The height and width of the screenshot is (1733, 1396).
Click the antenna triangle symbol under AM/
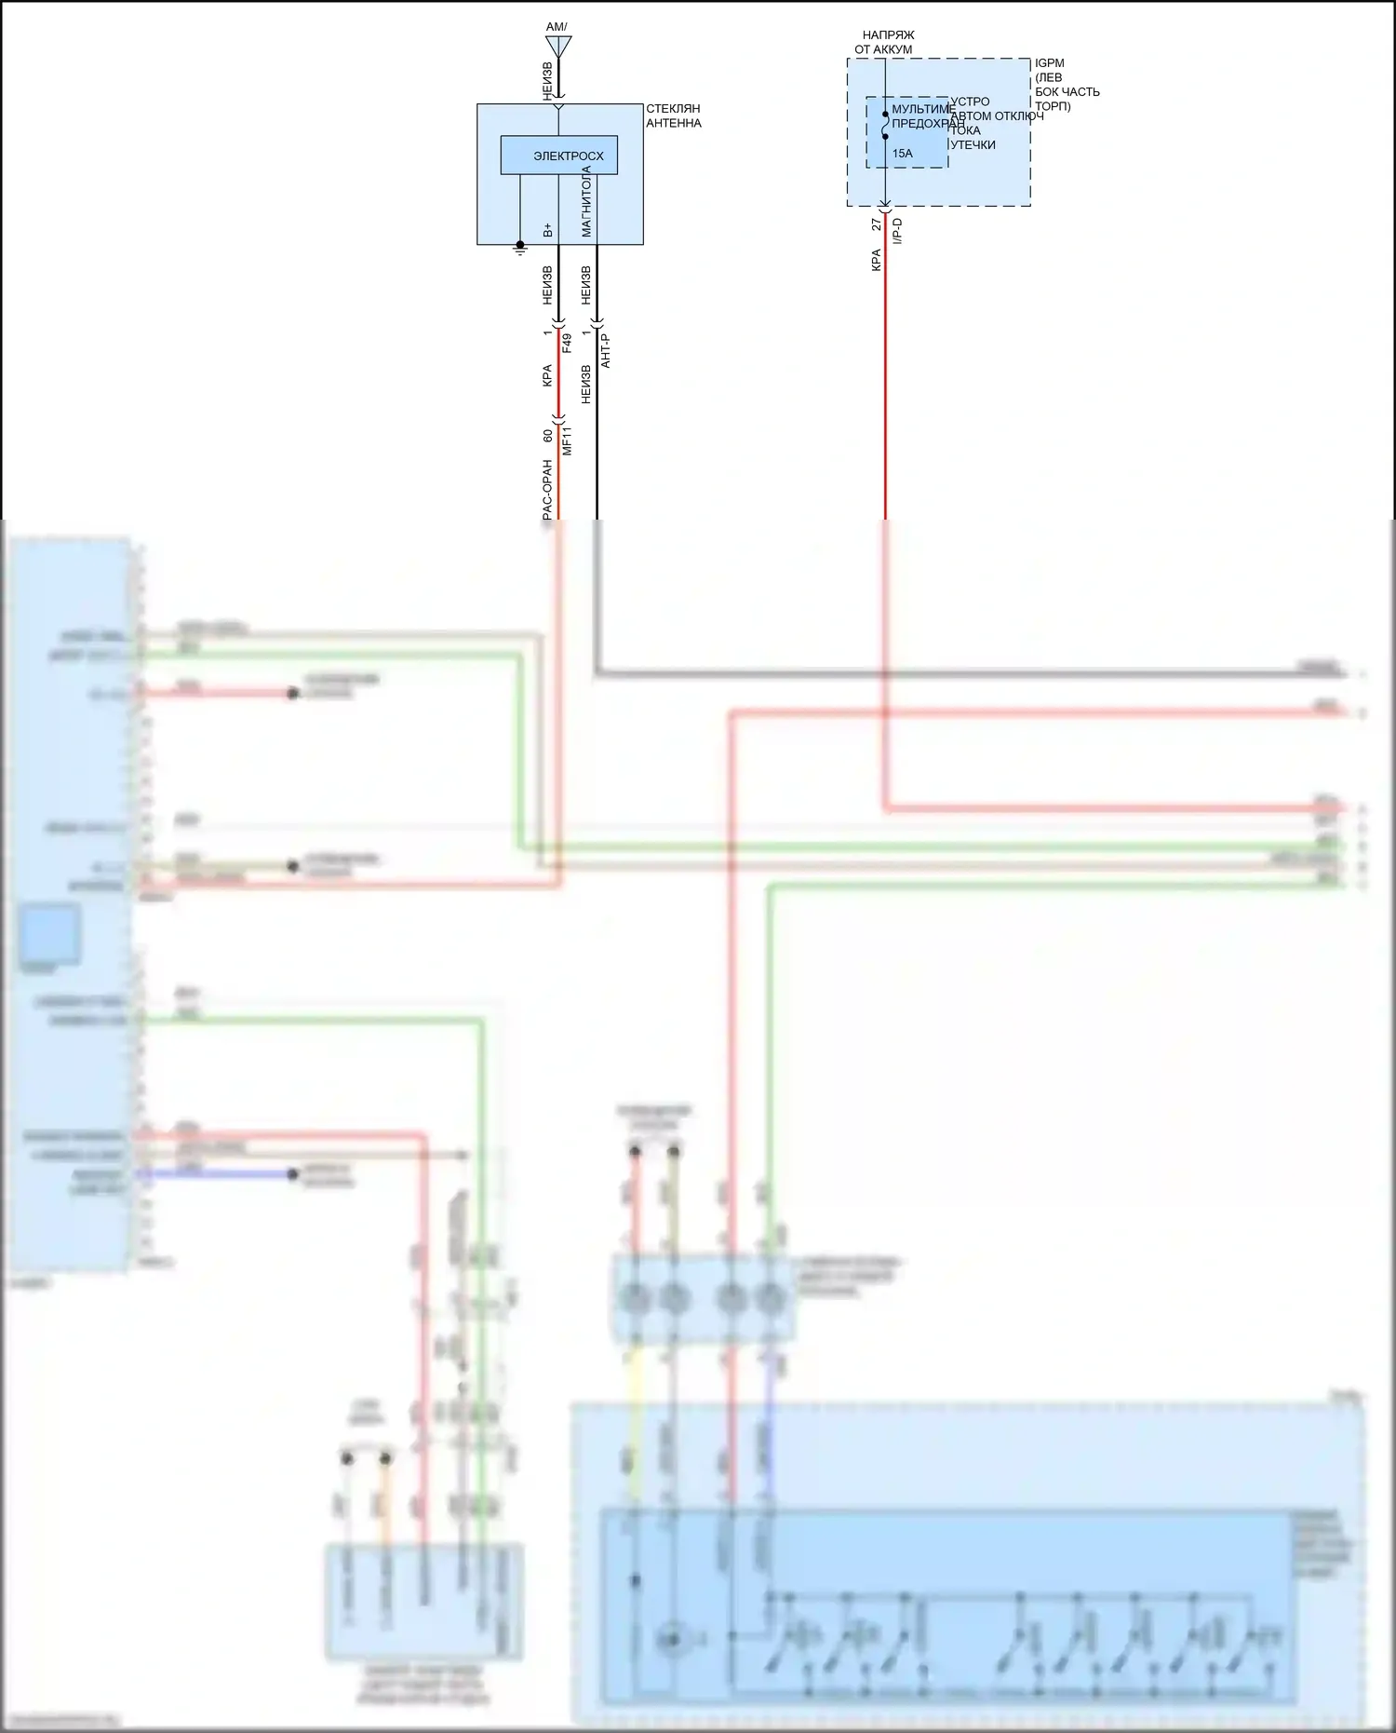pyautogui.click(x=558, y=46)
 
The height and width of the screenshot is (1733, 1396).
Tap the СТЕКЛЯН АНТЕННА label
pyautogui.click(x=673, y=115)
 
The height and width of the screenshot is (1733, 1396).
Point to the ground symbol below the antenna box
pyautogui.click(x=520, y=248)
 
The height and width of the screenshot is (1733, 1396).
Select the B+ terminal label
pyautogui.click(x=547, y=229)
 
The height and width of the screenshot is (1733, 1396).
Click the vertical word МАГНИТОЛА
pyautogui.click(x=586, y=202)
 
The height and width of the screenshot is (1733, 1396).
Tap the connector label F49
pyautogui.click(x=567, y=344)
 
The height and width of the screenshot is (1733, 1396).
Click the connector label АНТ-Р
pyautogui.click(x=605, y=350)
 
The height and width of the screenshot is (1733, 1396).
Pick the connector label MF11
pyautogui.click(x=567, y=440)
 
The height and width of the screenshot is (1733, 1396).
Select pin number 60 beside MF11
pyautogui.click(x=547, y=435)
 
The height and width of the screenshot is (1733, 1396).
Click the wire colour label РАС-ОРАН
pyautogui.click(x=547, y=489)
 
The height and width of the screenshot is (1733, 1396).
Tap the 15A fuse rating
pyautogui.click(x=902, y=154)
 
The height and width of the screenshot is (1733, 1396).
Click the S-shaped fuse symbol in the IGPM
pyautogui.click(x=885, y=125)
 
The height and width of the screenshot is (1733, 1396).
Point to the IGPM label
pyautogui.click(x=1049, y=63)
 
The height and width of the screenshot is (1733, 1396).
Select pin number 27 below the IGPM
pyautogui.click(x=876, y=224)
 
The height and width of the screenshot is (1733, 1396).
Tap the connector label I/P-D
pyautogui.click(x=897, y=231)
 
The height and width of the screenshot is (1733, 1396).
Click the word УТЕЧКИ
pyautogui.click(x=973, y=144)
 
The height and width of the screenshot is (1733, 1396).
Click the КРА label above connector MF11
pyautogui.click(x=547, y=375)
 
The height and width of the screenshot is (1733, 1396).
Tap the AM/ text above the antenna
pyautogui.click(x=557, y=27)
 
